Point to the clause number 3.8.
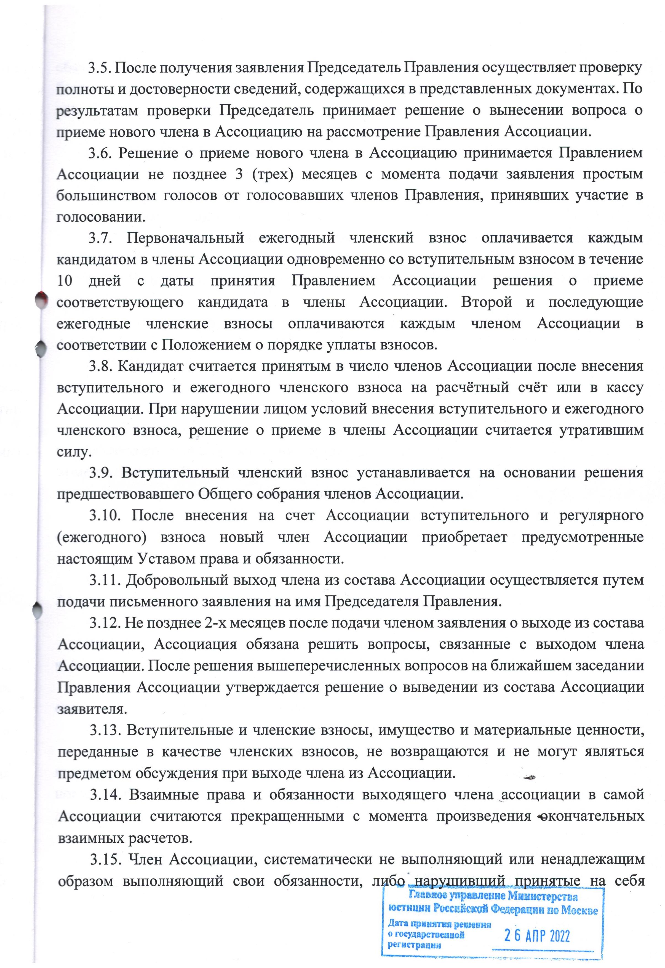100,366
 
